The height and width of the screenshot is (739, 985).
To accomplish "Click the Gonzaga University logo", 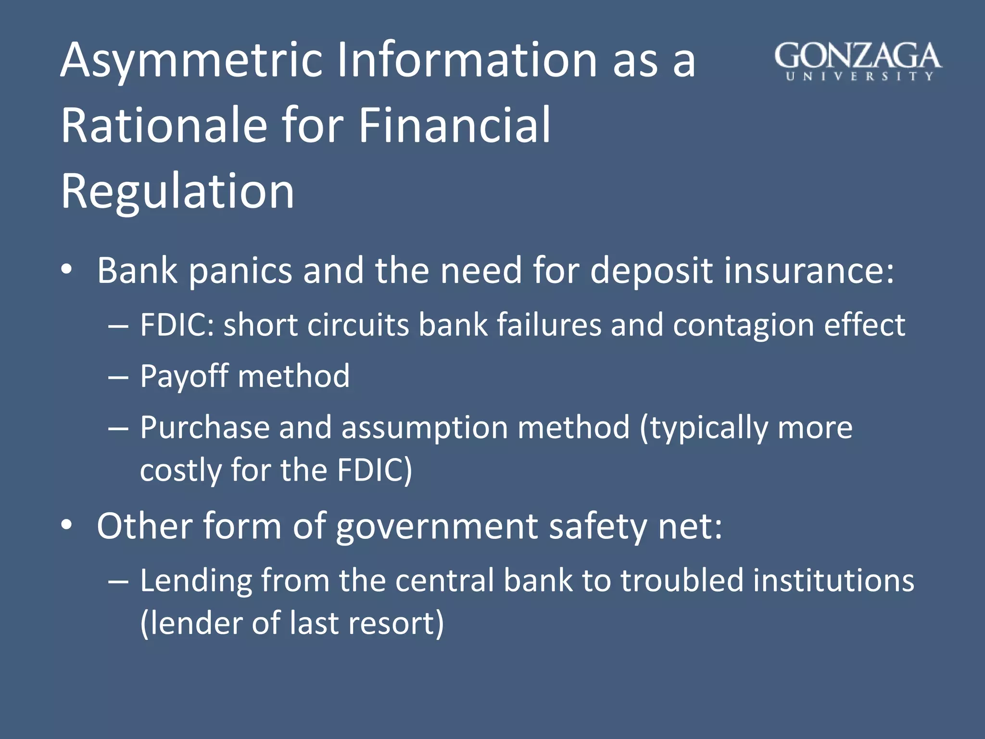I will pyautogui.click(x=858, y=61).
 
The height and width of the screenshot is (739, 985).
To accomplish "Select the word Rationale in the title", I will pyautogui.click(x=164, y=126).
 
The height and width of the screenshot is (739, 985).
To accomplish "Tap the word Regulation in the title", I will pyautogui.click(x=177, y=191).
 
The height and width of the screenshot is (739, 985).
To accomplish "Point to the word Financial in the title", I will pyautogui.click(x=454, y=126).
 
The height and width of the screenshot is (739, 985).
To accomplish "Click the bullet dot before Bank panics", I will pyautogui.click(x=67, y=270).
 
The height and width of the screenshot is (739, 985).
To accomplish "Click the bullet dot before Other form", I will pyautogui.click(x=67, y=525).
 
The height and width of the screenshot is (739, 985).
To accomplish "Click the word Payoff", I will pyautogui.click(x=184, y=376).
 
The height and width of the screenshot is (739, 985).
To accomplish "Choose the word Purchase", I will pyautogui.click(x=205, y=428).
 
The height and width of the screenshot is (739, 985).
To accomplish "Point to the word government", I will pyautogui.click(x=437, y=526).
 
